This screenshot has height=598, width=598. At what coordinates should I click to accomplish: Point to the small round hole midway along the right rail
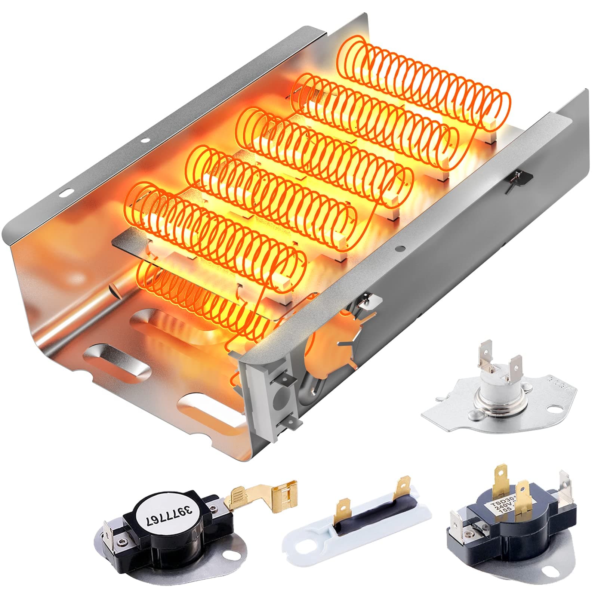(x=400, y=248)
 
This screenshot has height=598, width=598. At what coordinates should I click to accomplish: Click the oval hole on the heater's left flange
(x=68, y=192)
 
